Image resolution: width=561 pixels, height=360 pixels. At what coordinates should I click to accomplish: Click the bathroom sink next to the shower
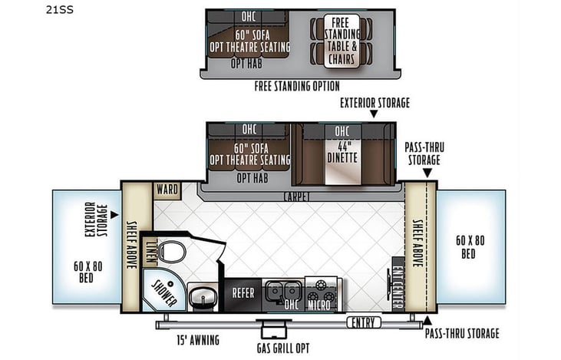[x=203, y=295]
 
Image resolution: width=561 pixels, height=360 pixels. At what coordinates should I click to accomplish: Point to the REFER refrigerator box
[x=243, y=292]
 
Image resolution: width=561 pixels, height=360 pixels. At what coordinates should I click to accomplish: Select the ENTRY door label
[x=364, y=322]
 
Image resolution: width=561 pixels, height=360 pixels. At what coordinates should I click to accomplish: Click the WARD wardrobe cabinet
[x=166, y=189]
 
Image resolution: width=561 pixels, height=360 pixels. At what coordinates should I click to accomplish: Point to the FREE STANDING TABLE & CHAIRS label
[x=338, y=39]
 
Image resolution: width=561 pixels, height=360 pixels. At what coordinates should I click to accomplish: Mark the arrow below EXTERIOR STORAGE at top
[x=374, y=114]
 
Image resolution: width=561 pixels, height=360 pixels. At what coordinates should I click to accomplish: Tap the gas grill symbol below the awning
[x=272, y=330]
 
